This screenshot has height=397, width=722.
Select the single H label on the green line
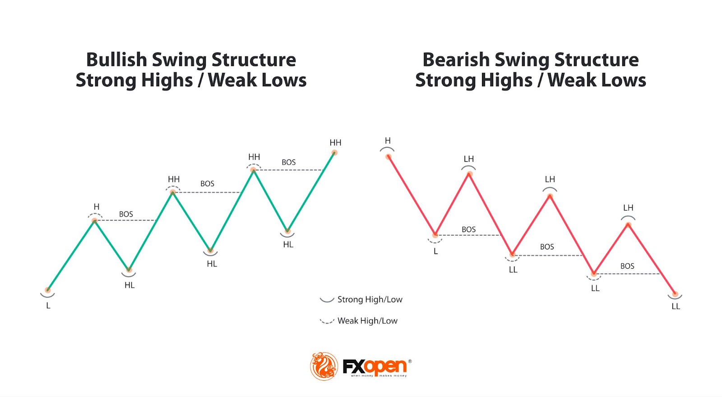click(x=96, y=207)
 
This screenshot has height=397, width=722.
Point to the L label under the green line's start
click(x=48, y=306)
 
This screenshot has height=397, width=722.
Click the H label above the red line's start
click(x=388, y=141)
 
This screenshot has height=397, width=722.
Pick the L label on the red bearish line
click(x=435, y=252)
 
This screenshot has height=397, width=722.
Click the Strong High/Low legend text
click(x=370, y=299)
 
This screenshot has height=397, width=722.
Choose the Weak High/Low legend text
click(x=367, y=321)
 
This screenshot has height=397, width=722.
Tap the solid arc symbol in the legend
click(x=327, y=299)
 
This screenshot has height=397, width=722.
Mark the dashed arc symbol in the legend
click(x=327, y=321)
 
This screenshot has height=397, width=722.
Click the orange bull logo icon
click(x=324, y=366)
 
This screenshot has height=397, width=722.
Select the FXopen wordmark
click(x=375, y=367)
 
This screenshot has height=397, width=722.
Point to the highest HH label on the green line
click(x=335, y=143)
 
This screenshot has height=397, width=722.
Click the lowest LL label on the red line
click(x=676, y=307)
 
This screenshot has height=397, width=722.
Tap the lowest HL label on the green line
click(x=130, y=285)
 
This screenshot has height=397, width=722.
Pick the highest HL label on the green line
click(x=288, y=245)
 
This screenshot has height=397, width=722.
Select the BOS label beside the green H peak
click(x=126, y=214)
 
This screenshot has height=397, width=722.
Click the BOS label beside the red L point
click(x=468, y=229)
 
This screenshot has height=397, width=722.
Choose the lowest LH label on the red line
click(x=628, y=208)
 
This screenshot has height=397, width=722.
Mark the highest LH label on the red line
click(x=469, y=159)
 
